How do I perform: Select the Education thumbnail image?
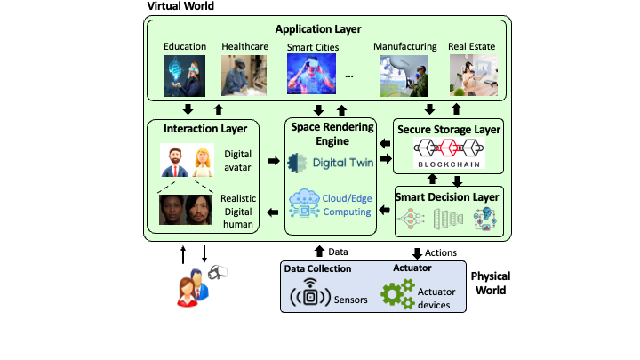click(186, 76)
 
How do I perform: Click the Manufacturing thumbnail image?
click(404, 76)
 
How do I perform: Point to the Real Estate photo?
click(474, 76)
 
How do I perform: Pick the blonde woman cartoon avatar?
click(204, 160)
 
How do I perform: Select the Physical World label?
click(491, 283)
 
